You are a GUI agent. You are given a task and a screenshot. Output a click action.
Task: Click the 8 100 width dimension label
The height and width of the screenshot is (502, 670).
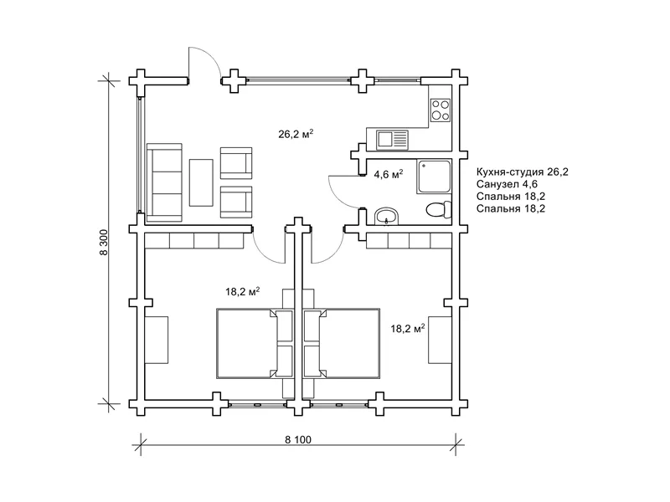(x=298, y=439)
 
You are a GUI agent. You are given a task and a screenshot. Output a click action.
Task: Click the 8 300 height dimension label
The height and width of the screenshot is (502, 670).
(x=104, y=243)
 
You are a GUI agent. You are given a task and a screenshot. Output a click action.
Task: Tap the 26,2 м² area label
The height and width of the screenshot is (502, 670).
(x=296, y=134)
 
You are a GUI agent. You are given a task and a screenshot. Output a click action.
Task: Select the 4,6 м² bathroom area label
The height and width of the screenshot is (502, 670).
(x=389, y=174)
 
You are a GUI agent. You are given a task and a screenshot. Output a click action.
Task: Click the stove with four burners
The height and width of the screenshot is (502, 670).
(x=441, y=110)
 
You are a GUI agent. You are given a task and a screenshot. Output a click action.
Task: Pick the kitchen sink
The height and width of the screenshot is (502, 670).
(x=392, y=140)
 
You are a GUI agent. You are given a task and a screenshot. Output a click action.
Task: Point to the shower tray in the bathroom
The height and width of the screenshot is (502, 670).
(x=434, y=177)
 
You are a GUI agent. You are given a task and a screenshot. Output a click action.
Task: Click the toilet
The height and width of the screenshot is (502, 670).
(x=439, y=210)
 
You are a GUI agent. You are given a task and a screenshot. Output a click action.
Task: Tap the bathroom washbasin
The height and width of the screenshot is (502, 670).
(x=387, y=216)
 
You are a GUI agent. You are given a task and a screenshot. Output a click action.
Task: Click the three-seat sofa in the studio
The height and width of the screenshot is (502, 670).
(x=164, y=182)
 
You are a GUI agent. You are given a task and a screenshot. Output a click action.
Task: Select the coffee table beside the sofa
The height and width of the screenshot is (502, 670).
(x=201, y=182)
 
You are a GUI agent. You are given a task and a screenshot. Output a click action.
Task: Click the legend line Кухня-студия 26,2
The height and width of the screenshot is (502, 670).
(x=523, y=172)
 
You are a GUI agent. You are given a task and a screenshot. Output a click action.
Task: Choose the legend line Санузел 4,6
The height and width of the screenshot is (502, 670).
(x=507, y=184)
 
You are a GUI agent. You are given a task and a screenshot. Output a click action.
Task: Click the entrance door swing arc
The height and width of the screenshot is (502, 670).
(x=212, y=57)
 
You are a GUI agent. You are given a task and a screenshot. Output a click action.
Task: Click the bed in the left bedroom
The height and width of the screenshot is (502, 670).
(x=255, y=343)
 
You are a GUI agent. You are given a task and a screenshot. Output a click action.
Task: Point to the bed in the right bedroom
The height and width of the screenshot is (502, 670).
(x=342, y=343)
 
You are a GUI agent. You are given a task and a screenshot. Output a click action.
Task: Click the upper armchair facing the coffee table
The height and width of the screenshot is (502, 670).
(x=236, y=163)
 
